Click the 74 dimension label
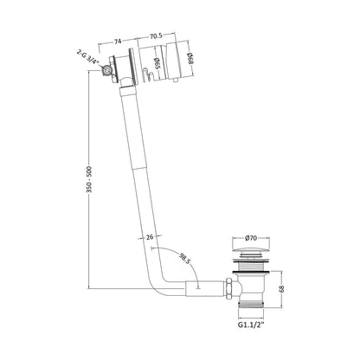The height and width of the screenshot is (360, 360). click(118, 42)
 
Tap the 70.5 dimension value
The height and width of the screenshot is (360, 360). click(156, 36)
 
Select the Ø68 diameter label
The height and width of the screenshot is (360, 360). click(190, 59)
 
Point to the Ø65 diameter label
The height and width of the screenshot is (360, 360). click(157, 63)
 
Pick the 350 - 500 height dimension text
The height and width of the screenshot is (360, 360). click(89, 179)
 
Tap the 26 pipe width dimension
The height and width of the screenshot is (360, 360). click(150, 237)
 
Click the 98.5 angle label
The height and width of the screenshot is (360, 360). click(184, 259)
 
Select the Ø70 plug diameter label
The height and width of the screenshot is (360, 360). click(251, 238)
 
